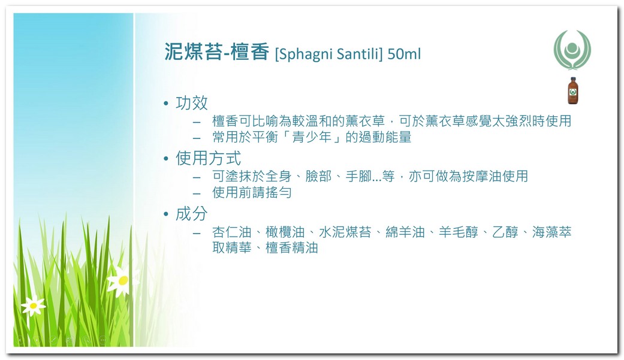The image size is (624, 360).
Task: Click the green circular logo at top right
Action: [572, 50]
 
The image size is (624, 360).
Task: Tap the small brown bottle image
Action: [572, 90]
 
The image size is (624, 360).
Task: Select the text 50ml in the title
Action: [404, 54]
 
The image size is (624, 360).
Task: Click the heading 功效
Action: [191, 103]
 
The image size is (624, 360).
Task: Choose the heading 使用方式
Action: [208, 158]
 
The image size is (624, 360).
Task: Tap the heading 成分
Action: [191, 214]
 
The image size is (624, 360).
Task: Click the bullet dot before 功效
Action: [166, 104]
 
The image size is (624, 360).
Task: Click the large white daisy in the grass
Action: [122, 282]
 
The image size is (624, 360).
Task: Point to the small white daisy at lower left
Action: [34, 305]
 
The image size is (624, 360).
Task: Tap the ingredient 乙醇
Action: [505, 232]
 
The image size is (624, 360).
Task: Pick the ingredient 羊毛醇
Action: [459, 232]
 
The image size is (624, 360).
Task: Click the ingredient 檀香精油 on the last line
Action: [292, 248]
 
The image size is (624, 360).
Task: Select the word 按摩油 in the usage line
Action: [483, 176]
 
